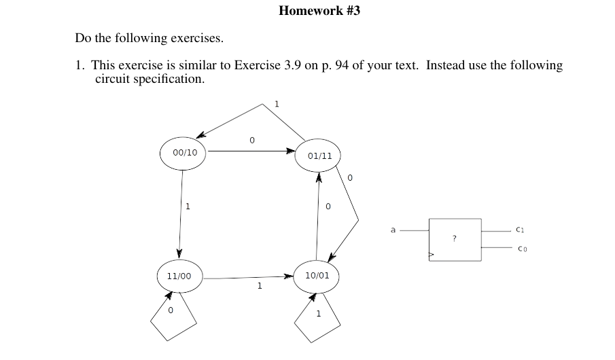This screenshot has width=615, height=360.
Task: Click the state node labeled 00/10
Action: point(184,153)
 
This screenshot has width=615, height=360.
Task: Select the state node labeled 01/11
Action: point(319,156)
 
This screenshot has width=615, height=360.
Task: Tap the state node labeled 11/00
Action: point(179,276)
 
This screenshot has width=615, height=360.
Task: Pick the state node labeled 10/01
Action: point(317,276)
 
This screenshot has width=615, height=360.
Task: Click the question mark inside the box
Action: point(454,238)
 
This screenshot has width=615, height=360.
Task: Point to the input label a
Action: point(393,230)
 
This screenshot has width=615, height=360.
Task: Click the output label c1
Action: point(520,230)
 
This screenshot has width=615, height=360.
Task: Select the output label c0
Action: point(521,249)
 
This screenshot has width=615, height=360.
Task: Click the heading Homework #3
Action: point(319,11)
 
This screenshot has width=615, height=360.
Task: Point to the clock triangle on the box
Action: point(431,255)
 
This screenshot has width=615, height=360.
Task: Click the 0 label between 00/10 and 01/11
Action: point(251,141)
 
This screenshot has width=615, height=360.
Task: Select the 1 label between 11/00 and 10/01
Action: point(259,286)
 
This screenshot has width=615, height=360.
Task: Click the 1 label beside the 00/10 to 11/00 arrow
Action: point(188,206)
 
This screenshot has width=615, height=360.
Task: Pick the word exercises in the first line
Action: point(196,38)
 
